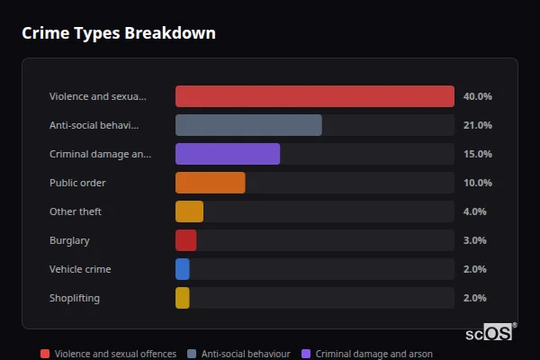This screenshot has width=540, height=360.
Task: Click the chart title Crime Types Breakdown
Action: point(118,33)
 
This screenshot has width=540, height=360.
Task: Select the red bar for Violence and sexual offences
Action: point(314,96)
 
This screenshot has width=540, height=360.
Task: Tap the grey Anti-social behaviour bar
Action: point(248,125)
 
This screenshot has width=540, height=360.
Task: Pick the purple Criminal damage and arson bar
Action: point(228,154)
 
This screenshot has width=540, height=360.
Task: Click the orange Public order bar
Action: point(210,183)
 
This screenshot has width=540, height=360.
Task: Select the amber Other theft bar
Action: point(189,211)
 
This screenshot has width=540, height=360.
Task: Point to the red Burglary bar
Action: point(185,240)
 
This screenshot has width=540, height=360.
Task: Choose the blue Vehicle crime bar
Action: point(183,269)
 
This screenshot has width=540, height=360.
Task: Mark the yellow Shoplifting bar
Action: point(183,298)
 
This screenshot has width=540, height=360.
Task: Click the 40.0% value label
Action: point(477,96)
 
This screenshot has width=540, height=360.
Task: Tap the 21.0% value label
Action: point(477,125)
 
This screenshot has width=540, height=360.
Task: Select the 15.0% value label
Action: point(477,154)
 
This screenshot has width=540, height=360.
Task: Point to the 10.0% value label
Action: point(477,183)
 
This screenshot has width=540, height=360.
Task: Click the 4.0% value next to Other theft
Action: point(474,211)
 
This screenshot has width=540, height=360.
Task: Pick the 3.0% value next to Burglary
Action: point(474,240)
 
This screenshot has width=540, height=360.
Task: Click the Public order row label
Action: point(77,183)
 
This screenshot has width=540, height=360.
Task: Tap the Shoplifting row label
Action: point(75,298)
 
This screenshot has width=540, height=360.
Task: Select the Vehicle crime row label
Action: point(80,269)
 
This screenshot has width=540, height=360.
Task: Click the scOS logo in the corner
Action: point(490,332)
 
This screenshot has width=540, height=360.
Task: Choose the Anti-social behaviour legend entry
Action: point(238,355)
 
